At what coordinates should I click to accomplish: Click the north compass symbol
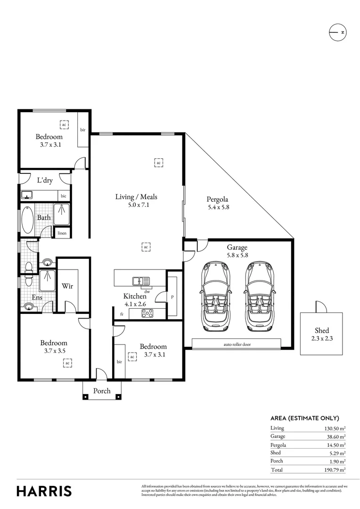click(x=337, y=32)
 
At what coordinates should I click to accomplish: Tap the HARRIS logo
click(x=44, y=491)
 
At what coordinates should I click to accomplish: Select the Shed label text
click(x=322, y=331)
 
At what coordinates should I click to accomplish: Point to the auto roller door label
click(x=237, y=345)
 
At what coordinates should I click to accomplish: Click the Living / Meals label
click(x=136, y=197)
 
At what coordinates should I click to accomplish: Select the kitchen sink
click(x=141, y=281)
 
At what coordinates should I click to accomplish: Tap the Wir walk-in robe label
click(x=67, y=286)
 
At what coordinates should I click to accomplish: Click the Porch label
click(x=102, y=391)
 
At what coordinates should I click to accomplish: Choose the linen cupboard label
click(x=62, y=233)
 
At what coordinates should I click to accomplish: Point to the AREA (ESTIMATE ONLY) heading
click(x=304, y=418)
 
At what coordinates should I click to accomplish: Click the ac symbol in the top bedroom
click(x=64, y=124)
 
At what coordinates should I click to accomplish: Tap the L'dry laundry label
click(x=45, y=181)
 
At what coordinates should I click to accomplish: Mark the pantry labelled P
click(x=172, y=297)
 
